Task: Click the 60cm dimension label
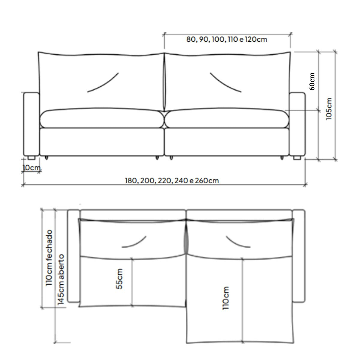pyautogui.click(x=312, y=82)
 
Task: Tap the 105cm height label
pyautogui.click(x=328, y=109)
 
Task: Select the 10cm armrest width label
pyautogui.click(x=31, y=168)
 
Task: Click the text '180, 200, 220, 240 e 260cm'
pyautogui.click(x=172, y=181)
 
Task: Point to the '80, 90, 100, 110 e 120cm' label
pyautogui.click(x=226, y=39)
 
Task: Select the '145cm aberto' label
pyautogui.click(x=61, y=280)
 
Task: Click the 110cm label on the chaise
pyautogui.click(x=226, y=298)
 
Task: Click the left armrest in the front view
pyautogui.click(x=31, y=124)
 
